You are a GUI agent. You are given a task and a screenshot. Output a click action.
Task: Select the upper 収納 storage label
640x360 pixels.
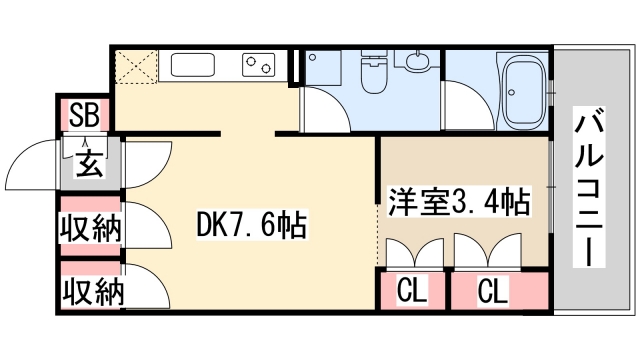tap(89, 228)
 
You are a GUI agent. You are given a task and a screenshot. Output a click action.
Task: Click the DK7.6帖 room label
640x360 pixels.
tap(251, 227)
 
